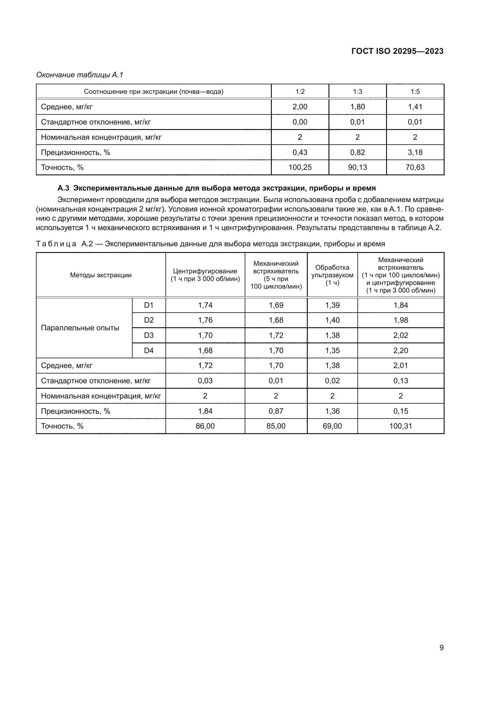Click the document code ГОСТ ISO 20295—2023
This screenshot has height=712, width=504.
(x=397, y=51)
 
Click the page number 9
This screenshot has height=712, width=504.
(x=441, y=647)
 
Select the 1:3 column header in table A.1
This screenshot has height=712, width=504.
(x=357, y=92)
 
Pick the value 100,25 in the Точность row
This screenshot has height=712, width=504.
(x=300, y=167)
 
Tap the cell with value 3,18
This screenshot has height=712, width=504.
(x=415, y=152)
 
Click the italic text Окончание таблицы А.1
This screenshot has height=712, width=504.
(x=80, y=75)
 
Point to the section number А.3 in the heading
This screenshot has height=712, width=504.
(x=63, y=188)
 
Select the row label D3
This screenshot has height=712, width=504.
(x=149, y=335)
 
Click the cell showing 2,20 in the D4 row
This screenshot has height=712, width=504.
(x=400, y=350)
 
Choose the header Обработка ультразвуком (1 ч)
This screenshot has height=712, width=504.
(x=332, y=275)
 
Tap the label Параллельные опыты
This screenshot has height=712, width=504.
(x=80, y=328)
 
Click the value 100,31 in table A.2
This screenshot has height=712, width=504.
(x=400, y=426)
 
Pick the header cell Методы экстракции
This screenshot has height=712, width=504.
(x=101, y=275)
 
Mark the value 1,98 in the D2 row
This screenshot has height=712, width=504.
(x=400, y=320)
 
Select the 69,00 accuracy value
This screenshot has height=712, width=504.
(x=332, y=426)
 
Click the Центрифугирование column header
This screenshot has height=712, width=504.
(x=205, y=275)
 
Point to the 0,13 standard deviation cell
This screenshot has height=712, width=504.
(x=400, y=381)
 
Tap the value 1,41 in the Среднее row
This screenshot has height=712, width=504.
(x=415, y=107)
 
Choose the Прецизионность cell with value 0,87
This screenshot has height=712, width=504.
(x=275, y=411)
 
